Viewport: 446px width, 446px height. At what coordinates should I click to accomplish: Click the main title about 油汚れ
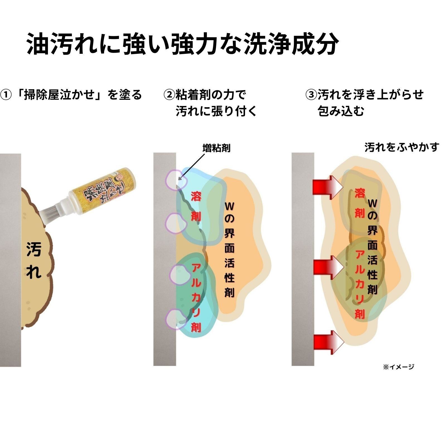(183, 44)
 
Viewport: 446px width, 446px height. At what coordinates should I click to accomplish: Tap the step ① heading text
(71, 95)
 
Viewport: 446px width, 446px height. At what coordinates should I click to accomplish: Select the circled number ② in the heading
(169, 95)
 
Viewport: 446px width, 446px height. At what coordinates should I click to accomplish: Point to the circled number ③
(311, 95)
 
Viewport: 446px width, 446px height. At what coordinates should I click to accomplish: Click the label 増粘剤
(216, 148)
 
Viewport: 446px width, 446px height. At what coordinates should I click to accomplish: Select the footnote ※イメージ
(399, 367)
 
